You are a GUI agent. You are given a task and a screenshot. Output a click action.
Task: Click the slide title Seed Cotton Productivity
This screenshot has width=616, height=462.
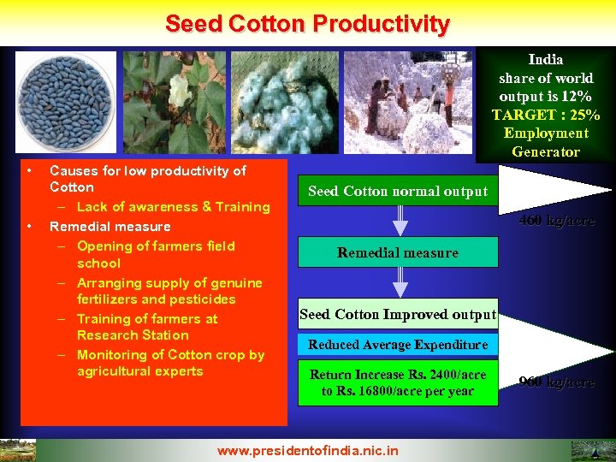click(307, 23)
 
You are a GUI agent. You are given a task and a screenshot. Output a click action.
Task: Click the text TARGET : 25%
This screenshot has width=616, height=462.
click(545, 115)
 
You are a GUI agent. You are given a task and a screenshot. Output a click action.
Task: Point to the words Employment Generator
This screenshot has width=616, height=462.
click(545, 142)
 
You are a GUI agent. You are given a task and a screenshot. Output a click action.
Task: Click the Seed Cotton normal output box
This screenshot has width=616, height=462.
click(397, 192)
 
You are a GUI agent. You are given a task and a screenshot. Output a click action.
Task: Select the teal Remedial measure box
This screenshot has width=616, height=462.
click(397, 253)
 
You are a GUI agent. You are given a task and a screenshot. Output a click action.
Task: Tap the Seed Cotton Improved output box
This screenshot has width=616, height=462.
click(397, 315)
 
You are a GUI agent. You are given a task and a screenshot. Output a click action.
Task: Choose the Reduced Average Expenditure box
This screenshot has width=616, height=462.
click(397, 345)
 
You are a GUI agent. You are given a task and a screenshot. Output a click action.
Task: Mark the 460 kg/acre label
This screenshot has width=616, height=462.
click(557, 221)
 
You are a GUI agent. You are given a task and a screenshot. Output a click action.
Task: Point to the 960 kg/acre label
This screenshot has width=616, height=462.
click(557, 382)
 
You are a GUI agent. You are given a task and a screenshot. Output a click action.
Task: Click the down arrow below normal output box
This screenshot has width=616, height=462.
click(399, 222)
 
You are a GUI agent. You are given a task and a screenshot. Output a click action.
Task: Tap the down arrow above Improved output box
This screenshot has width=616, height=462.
click(399, 283)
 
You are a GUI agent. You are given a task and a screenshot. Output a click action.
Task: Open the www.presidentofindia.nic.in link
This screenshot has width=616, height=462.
click(307, 450)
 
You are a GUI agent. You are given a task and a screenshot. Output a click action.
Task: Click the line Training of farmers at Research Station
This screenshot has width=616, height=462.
click(147, 327)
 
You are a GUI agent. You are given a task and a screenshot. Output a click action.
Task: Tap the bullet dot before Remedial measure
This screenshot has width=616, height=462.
click(29, 227)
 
